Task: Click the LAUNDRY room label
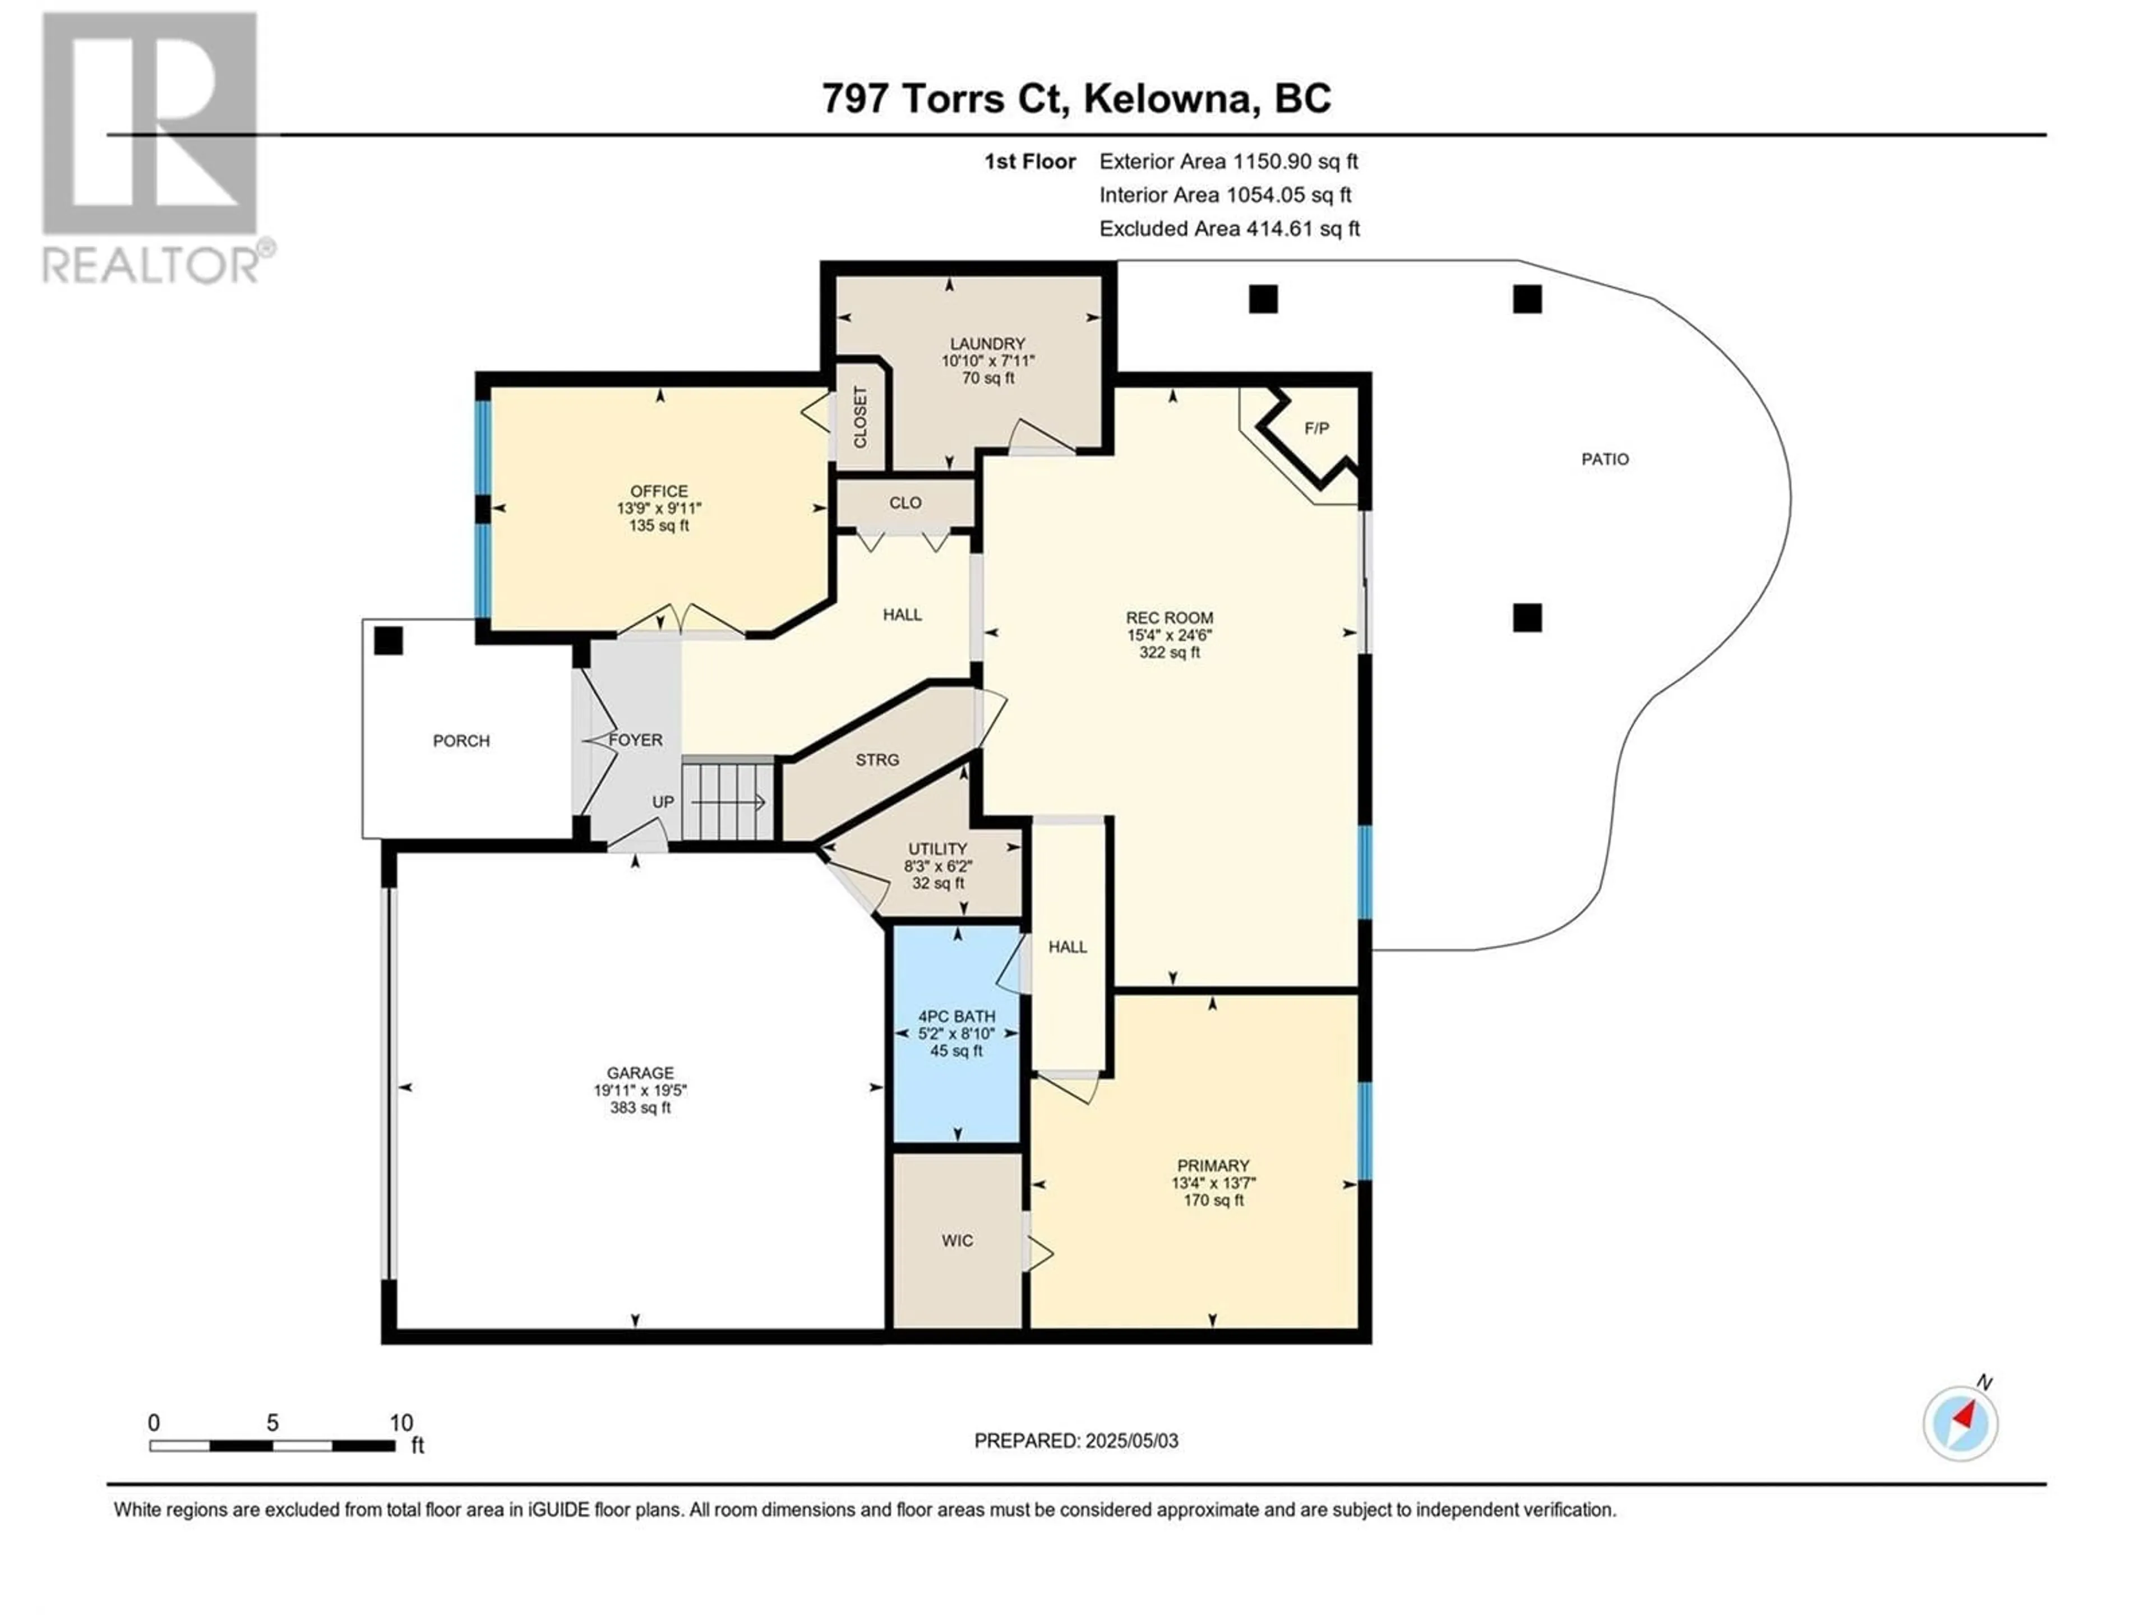click(988, 344)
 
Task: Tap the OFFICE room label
click(659, 492)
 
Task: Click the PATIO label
click(1605, 459)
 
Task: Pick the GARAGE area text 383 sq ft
click(640, 1108)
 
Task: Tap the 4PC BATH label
click(957, 1016)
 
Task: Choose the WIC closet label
click(957, 1241)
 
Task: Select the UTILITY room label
click(937, 849)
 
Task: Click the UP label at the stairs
click(663, 802)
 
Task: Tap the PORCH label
click(461, 741)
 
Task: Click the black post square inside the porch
click(389, 640)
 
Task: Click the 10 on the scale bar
click(401, 1422)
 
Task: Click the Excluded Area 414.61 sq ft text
click(1230, 229)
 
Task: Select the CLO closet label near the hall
click(905, 504)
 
